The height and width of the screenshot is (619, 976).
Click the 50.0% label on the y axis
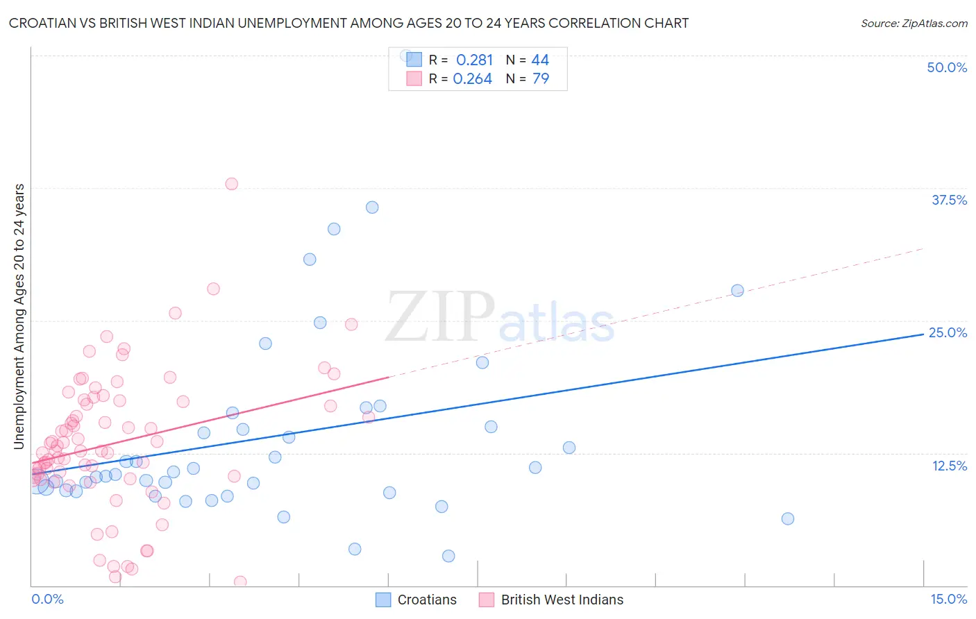tap(947, 67)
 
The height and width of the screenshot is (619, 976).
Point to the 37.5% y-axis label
tap(949, 200)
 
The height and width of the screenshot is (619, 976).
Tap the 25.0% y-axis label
tap(948, 332)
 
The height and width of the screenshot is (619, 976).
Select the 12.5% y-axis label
tap(949, 466)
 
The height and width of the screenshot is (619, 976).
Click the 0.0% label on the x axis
tap(47, 599)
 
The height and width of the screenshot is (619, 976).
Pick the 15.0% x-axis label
tap(948, 599)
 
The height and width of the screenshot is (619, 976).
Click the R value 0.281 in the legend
tap(474, 60)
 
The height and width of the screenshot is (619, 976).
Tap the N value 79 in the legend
tap(541, 79)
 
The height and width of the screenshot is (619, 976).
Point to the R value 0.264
tap(473, 79)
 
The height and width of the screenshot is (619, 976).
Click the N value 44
tap(540, 60)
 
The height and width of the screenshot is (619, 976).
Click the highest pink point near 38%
tap(231, 184)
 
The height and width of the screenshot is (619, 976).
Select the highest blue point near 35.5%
tap(372, 207)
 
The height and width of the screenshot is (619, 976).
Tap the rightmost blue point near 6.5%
tap(787, 518)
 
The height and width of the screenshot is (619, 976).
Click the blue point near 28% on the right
tap(737, 291)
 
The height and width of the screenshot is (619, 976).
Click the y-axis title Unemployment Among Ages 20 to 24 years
tap(19, 316)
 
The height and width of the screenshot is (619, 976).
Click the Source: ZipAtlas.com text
tap(914, 24)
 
